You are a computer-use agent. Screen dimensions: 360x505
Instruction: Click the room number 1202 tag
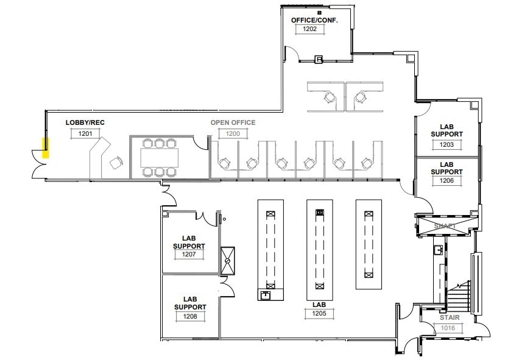(311, 29)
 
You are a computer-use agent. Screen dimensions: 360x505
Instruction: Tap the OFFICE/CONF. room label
(313, 20)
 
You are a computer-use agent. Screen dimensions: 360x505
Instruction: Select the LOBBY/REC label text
(85, 123)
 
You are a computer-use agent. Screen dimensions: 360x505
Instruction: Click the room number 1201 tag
(86, 133)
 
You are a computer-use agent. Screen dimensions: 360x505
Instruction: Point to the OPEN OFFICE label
(233, 123)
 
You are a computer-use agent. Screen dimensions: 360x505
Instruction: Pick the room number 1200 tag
(233, 133)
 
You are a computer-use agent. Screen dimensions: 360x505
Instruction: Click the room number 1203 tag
(447, 144)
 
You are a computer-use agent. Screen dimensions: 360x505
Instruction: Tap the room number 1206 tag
(447, 181)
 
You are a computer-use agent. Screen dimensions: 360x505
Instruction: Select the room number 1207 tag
(189, 254)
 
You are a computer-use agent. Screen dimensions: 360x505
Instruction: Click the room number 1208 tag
(189, 316)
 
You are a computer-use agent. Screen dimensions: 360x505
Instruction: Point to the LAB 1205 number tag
(320, 314)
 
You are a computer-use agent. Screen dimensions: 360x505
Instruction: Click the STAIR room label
(448, 317)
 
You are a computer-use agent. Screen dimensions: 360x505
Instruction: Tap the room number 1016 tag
(448, 328)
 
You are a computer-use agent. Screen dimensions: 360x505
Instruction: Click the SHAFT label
(445, 226)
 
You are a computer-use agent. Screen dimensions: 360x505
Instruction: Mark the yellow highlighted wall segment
(44, 148)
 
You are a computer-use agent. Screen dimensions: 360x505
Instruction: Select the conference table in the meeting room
(160, 158)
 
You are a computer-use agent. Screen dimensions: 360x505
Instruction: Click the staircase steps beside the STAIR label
(458, 298)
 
